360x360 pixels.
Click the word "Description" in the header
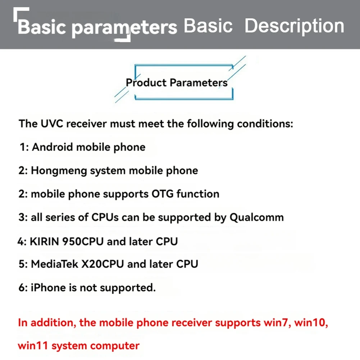tap(294, 26)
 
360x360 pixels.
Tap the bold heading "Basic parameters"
tap(97, 27)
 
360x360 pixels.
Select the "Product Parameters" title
tap(177, 83)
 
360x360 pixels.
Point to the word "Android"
tap(53, 147)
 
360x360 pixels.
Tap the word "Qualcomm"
tap(256, 217)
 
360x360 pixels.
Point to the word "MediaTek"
tap(54, 264)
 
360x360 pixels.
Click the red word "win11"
tap(33, 346)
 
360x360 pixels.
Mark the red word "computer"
tap(115, 346)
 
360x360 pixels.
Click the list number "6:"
tap(23, 288)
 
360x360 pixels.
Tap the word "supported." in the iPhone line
tap(128, 288)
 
